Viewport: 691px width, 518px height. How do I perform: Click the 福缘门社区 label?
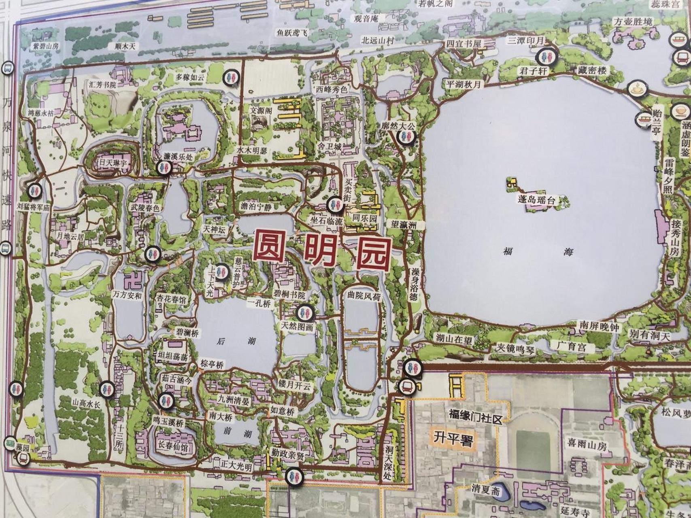coord(475,416)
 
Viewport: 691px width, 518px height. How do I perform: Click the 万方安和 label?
coord(128,295)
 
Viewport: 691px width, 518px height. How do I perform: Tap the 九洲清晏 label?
coord(234,398)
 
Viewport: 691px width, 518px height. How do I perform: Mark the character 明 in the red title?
coord(320,253)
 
